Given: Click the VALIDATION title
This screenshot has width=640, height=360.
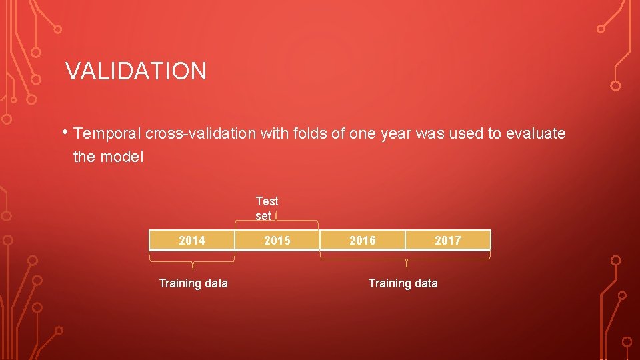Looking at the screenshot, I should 136,71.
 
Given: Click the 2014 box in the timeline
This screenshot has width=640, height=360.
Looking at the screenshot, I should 192,240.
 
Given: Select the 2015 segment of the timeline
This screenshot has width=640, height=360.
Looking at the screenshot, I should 277,240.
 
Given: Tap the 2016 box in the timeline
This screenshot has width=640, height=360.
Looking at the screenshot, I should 363,240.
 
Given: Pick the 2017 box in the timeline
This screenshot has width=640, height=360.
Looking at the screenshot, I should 447,240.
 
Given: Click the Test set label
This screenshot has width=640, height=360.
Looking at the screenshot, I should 267,208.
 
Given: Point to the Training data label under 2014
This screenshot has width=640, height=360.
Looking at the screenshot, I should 193,283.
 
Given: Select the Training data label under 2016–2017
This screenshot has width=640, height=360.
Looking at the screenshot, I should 403,283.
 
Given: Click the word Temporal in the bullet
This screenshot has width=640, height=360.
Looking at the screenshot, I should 108,133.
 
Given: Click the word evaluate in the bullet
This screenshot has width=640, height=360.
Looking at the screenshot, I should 536,133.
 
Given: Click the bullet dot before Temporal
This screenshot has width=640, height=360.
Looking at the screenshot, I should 68,131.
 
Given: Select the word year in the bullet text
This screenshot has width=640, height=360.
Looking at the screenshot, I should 396,133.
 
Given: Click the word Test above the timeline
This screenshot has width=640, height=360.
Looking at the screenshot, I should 267,201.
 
